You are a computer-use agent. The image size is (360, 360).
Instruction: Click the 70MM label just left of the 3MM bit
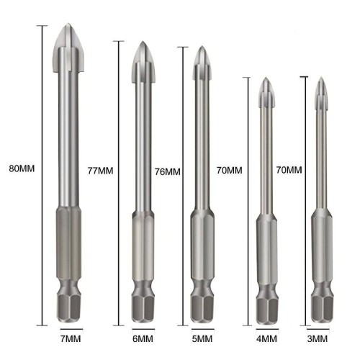pyautogui.click(x=289, y=170)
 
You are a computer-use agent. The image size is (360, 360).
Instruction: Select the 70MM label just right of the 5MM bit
pyautogui.click(x=229, y=170)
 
